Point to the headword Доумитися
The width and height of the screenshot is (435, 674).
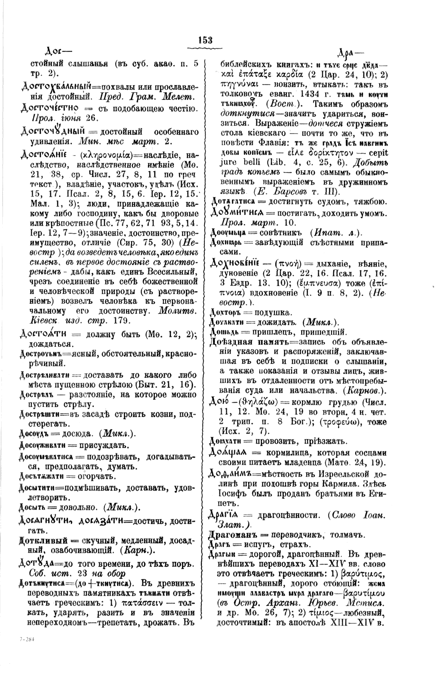click(x=237, y=212)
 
